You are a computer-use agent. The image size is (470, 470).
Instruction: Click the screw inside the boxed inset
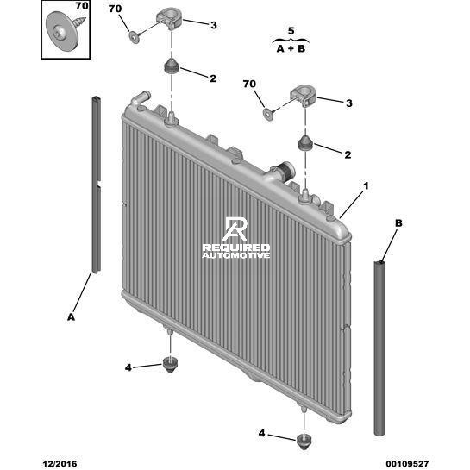65,29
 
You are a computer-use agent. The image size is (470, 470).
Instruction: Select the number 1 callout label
366,186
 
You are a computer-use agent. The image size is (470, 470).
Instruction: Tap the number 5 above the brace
291,31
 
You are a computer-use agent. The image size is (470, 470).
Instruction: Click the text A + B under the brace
291,48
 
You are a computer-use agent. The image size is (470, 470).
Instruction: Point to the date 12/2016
60,464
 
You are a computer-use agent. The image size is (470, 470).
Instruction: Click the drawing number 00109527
407,464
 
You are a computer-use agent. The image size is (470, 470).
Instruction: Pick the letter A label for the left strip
71,316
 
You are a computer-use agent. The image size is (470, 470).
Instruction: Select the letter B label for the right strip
398,223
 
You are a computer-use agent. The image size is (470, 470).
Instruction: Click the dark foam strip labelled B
379,348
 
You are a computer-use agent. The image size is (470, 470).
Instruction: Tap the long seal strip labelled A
97,185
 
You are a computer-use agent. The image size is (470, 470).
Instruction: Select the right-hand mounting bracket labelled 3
303,97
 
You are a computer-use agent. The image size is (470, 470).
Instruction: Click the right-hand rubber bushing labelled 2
305,143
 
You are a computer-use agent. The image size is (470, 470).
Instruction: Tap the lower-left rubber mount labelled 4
170,365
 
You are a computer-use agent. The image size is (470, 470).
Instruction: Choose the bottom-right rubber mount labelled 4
304,442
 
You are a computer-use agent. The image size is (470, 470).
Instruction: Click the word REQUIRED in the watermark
236,248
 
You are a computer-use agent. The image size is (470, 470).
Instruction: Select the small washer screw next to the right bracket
269,113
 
